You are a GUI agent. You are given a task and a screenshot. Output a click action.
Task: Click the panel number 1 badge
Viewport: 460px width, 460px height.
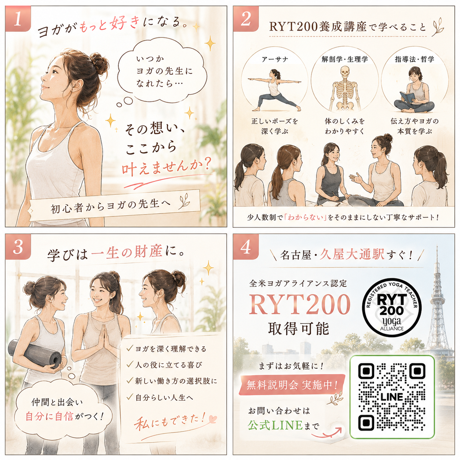(x=18, y=19)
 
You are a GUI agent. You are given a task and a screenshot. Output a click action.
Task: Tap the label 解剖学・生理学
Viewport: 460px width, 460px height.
(x=345, y=59)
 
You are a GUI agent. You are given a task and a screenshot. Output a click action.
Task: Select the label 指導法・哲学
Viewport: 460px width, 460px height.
(x=415, y=59)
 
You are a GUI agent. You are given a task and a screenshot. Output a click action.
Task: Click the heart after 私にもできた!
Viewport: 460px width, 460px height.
(x=212, y=418)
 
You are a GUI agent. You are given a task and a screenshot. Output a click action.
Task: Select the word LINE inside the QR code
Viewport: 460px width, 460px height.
(x=391, y=397)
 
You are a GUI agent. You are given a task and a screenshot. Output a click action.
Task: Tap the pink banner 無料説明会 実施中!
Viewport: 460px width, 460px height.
(x=292, y=384)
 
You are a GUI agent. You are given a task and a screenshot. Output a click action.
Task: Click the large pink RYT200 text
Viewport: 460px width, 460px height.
(x=299, y=304)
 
